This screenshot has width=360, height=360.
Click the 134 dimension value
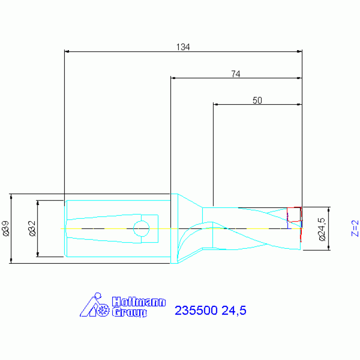(183, 47)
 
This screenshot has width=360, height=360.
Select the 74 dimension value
(236, 74)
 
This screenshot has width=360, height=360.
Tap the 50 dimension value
(257, 100)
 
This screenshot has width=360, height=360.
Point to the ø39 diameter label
(6, 228)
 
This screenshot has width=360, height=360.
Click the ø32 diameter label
(32, 228)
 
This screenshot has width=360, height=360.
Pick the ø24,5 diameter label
(322, 229)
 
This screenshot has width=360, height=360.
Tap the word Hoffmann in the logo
(138, 302)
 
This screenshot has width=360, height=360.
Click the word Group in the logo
(130, 312)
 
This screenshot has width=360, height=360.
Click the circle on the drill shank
(141, 229)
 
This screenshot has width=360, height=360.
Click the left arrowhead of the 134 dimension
(67, 51)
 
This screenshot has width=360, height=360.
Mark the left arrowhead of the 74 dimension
(173, 78)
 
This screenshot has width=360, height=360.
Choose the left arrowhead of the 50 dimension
(216, 104)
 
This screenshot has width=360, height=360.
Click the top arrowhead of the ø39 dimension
(11, 196)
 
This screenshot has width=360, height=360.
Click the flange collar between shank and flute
(175, 229)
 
